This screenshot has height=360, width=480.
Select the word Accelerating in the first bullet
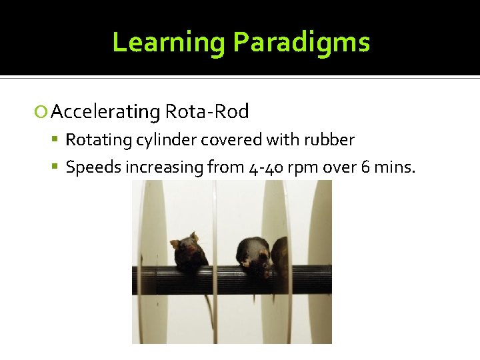coord(105,112)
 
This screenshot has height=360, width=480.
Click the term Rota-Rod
coord(207,111)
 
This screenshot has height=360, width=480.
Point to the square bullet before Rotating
coord(57,140)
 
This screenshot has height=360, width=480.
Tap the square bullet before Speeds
coord(57,167)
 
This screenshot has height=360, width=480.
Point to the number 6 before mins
coord(365,167)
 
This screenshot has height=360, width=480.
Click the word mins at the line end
coord(394,167)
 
